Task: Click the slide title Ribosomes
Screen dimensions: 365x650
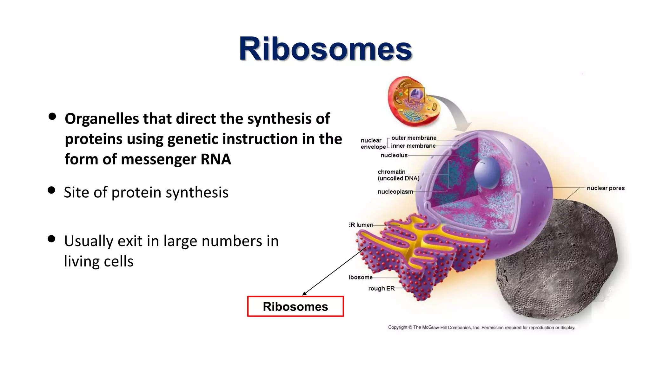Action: [x=325, y=49]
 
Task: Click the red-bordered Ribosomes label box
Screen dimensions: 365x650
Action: [x=295, y=306]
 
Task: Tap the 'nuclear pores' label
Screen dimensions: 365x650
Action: [x=605, y=188]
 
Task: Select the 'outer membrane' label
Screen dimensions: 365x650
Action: [x=414, y=138]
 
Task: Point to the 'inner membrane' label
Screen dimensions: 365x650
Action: [x=413, y=146]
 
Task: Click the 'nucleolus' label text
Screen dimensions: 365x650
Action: [x=394, y=155]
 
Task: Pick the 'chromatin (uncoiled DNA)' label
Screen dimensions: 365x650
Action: [x=398, y=175]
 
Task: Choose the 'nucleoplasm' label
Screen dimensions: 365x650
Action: [x=395, y=192]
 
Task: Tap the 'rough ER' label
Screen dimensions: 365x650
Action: [x=381, y=288]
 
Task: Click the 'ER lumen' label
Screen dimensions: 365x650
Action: [x=361, y=225]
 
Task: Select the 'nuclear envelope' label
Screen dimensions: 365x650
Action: [x=373, y=144]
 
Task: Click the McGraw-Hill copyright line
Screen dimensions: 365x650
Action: [x=481, y=327]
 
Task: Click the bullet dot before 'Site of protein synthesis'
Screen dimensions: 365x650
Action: [x=51, y=190]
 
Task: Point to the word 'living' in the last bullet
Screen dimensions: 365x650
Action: [x=82, y=261]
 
